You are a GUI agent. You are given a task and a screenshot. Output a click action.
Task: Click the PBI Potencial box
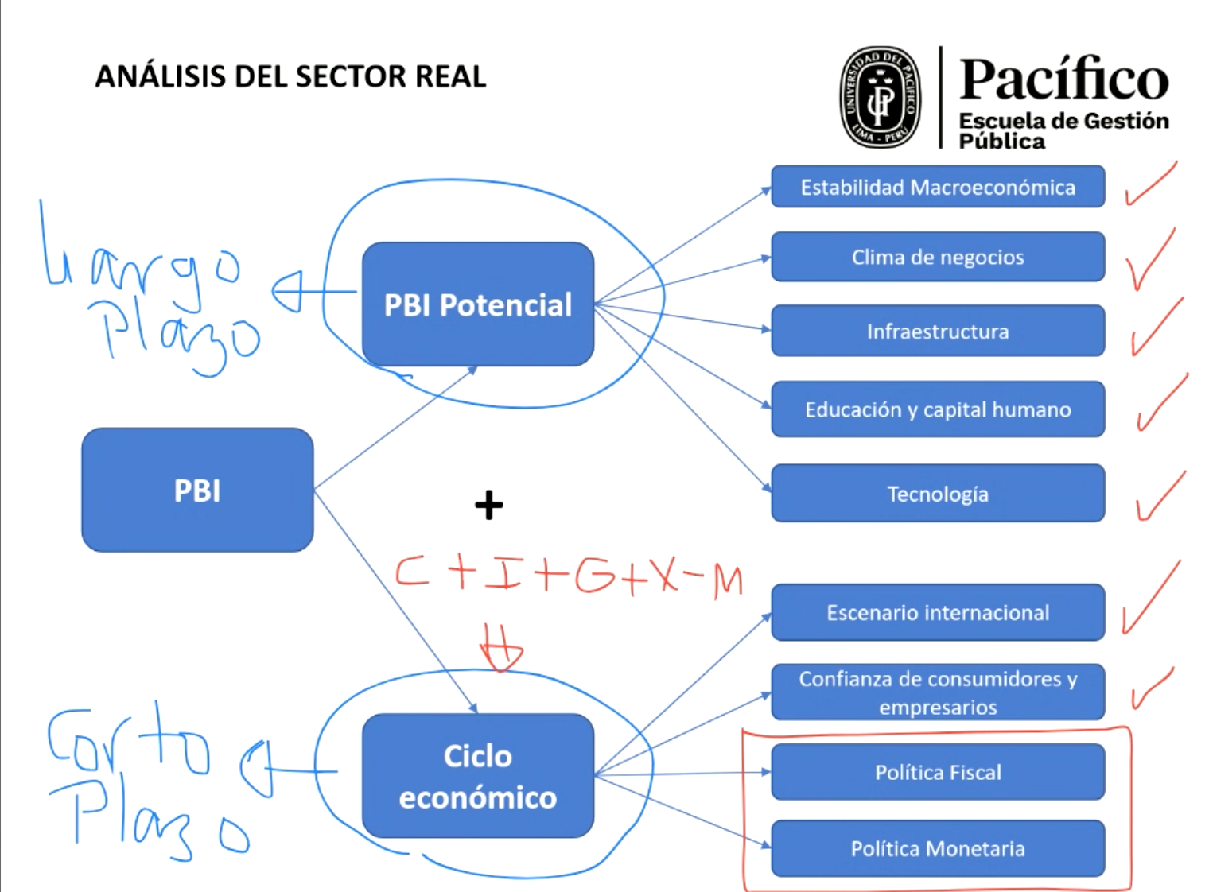(x=477, y=304)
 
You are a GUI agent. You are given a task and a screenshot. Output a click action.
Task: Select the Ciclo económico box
(x=477, y=775)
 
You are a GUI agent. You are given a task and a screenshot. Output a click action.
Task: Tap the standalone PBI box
(x=197, y=490)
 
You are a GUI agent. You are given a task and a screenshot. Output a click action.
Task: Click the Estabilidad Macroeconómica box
(x=938, y=187)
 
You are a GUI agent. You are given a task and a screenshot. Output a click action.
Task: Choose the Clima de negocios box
(x=938, y=257)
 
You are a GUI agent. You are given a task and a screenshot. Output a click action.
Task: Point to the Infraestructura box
(x=938, y=331)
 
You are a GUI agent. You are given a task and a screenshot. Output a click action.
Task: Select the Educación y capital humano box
(x=938, y=409)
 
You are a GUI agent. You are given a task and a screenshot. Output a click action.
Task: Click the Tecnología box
(x=938, y=493)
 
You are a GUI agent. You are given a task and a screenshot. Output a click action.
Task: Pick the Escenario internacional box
(x=938, y=612)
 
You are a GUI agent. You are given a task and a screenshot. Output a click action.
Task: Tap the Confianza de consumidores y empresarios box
(x=938, y=692)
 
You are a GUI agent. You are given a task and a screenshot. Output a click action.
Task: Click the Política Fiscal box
(x=938, y=772)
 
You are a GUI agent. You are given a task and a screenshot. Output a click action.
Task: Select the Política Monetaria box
(x=938, y=847)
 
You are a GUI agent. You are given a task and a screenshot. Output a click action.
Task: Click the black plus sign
(x=489, y=505)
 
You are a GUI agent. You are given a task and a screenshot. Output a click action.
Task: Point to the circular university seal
(x=880, y=98)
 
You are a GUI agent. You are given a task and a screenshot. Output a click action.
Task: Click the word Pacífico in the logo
(x=1064, y=79)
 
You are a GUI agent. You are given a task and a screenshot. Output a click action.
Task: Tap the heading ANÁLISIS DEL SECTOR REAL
(x=290, y=76)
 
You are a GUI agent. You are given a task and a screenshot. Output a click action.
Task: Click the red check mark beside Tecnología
(x=1161, y=496)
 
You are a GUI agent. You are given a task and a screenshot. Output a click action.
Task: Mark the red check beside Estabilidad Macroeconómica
(x=1151, y=183)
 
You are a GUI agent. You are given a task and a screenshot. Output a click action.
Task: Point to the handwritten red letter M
(x=729, y=582)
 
